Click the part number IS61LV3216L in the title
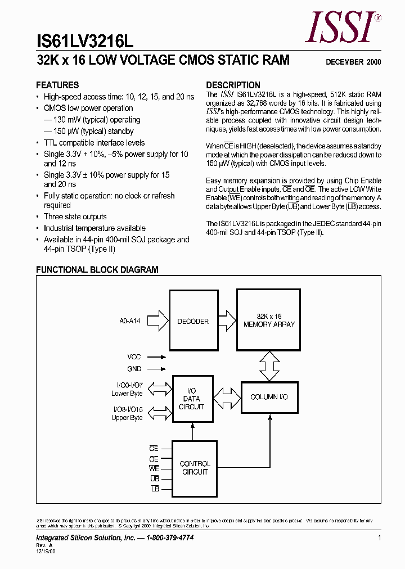85,41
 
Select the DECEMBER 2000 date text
353,62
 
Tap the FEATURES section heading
57,85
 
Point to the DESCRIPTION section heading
233,85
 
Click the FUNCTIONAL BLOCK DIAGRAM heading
97,270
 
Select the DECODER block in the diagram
193,322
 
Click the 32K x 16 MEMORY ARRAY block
269,320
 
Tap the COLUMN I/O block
269,397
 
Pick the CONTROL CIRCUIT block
195,468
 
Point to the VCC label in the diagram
134,356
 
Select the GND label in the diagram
134,369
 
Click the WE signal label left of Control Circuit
154,468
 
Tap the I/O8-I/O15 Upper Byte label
127,414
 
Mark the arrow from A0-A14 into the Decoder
160,321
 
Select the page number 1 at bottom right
380,538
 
